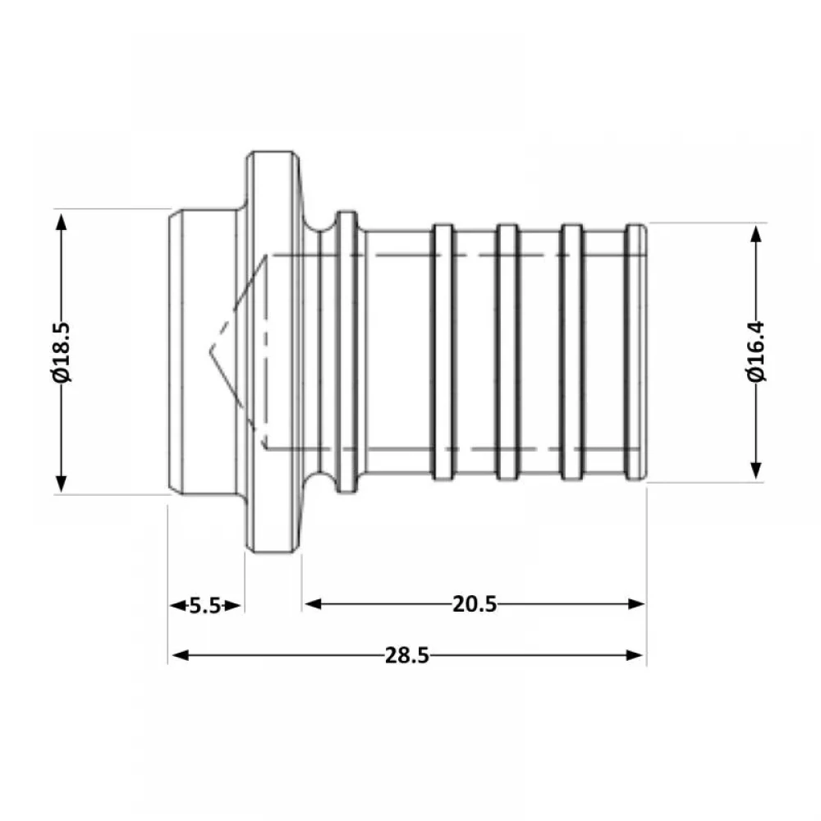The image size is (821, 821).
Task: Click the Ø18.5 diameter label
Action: coord(62,352)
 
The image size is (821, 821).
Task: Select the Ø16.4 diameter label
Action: coord(755,351)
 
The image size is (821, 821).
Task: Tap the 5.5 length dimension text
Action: coord(204,606)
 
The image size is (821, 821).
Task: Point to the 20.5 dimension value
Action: coord(475,604)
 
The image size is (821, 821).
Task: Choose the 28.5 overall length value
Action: coord(407,655)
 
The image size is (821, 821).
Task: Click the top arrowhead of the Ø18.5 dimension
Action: coord(62,222)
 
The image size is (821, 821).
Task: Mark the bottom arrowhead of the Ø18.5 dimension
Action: coord(62,484)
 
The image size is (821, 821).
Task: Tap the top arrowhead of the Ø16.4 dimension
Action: coord(755,234)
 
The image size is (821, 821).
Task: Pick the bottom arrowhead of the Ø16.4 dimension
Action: coord(755,470)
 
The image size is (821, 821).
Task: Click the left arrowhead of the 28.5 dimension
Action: coord(180,655)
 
